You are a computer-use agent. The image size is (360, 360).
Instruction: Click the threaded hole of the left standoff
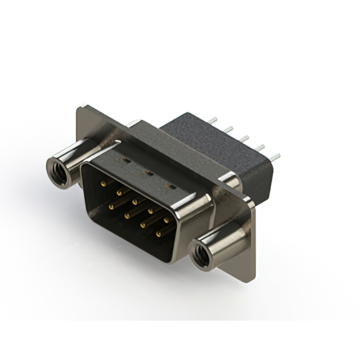pos(58,172)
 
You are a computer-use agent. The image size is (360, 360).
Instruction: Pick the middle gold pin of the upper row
pos(136,200)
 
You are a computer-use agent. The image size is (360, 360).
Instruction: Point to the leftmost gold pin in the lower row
pos(112,205)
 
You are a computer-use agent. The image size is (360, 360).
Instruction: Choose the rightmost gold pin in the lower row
pos(159,232)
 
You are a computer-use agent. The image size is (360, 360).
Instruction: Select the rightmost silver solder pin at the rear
pos(275,157)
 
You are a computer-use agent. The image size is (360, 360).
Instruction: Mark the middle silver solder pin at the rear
pos(245,138)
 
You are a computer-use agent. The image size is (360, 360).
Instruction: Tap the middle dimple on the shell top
pos(150,173)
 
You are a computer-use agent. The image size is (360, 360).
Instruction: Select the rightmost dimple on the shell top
pos(172,186)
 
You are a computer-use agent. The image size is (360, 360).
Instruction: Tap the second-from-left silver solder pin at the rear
pos(228,129)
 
